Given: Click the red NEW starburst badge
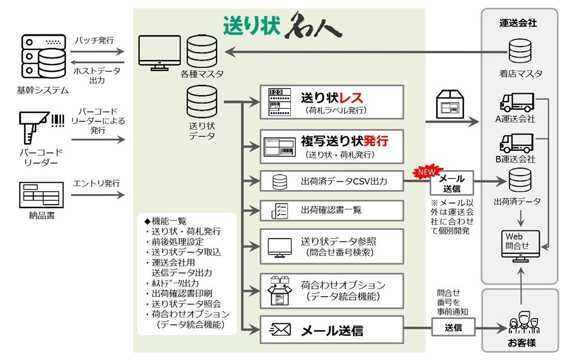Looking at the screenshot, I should click(x=427, y=171).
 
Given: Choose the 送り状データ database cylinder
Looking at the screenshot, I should click(x=202, y=102).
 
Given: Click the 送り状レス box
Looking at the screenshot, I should click(x=332, y=102).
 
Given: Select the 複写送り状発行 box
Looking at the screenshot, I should click(x=332, y=146).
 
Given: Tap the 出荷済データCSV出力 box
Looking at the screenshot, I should click(x=332, y=181).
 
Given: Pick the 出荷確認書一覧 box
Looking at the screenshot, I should click(x=332, y=210).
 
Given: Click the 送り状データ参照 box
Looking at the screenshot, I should click(x=332, y=247).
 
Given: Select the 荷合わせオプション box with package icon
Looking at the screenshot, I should click(x=332, y=291).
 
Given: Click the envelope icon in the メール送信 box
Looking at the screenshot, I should click(x=280, y=329).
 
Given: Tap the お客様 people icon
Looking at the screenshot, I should click(x=521, y=324).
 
